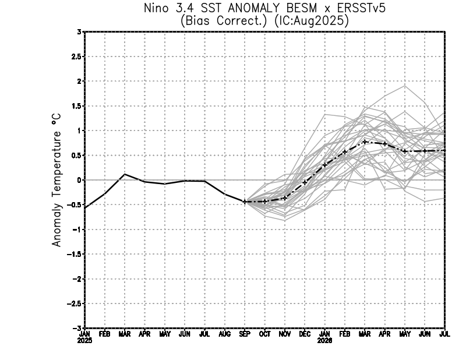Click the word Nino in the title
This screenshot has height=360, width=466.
coord(156,9)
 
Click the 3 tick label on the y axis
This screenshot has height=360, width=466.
coord(79,32)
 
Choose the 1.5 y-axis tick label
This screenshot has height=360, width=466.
coord(76,106)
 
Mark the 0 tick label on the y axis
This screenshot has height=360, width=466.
coord(79,180)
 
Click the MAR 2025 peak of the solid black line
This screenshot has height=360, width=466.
coord(125,174)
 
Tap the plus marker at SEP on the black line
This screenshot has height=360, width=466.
coord(245,202)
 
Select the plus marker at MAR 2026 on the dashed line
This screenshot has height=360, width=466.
coord(365,142)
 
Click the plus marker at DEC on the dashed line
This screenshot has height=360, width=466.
coord(305,182)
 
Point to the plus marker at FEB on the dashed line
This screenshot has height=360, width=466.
coord(345,151)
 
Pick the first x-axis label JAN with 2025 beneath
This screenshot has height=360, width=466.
coord(85,334)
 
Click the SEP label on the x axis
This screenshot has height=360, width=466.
coord(245,334)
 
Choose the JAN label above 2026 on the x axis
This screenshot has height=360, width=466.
coord(324,334)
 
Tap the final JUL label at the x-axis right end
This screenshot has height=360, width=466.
coord(444,334)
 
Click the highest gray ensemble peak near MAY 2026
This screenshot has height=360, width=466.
coord(404,86)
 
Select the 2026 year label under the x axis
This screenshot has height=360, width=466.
coord(324,341)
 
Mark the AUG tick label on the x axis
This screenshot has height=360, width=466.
coord(225,334)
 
